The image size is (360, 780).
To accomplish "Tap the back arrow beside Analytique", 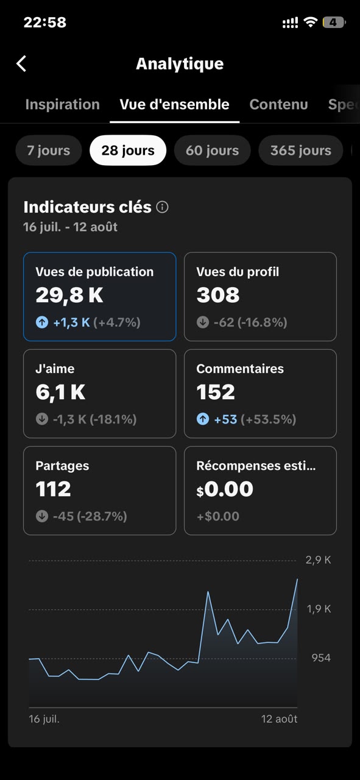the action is (x=21, y=64).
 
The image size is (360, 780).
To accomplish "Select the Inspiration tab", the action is (x=63, y=104).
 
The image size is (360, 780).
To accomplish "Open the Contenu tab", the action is (x=278, y=104).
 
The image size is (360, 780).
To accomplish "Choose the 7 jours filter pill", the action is (x=49, y=151).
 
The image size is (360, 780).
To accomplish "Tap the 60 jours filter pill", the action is (x=213, y=151).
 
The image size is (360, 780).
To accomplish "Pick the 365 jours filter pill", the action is (x=301, y=151).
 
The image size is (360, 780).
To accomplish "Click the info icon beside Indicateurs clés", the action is (x=162, y=207).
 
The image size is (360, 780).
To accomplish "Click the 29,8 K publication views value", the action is (x=69, y=296).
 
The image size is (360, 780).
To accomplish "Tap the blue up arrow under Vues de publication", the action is (x=42, y=322).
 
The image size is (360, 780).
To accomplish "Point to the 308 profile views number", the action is (x=218, y=295).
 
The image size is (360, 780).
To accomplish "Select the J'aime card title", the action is (x=55, y=369).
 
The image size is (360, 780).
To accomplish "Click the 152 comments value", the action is (x=216, y=392).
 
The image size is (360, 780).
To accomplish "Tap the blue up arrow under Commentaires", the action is (x=203, y=419).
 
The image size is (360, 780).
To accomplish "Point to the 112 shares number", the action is (x=53, y=489).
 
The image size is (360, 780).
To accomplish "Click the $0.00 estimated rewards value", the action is (x=225, y=489).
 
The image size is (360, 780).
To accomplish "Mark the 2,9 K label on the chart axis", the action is (x=318, y=560).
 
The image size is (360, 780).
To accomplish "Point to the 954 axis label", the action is (x=321, y=658).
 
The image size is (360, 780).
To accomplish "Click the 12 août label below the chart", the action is (x=279, y=719).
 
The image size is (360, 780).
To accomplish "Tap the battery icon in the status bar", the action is (x=334, y=23).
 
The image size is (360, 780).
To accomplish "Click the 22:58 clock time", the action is (x=45, y=23).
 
